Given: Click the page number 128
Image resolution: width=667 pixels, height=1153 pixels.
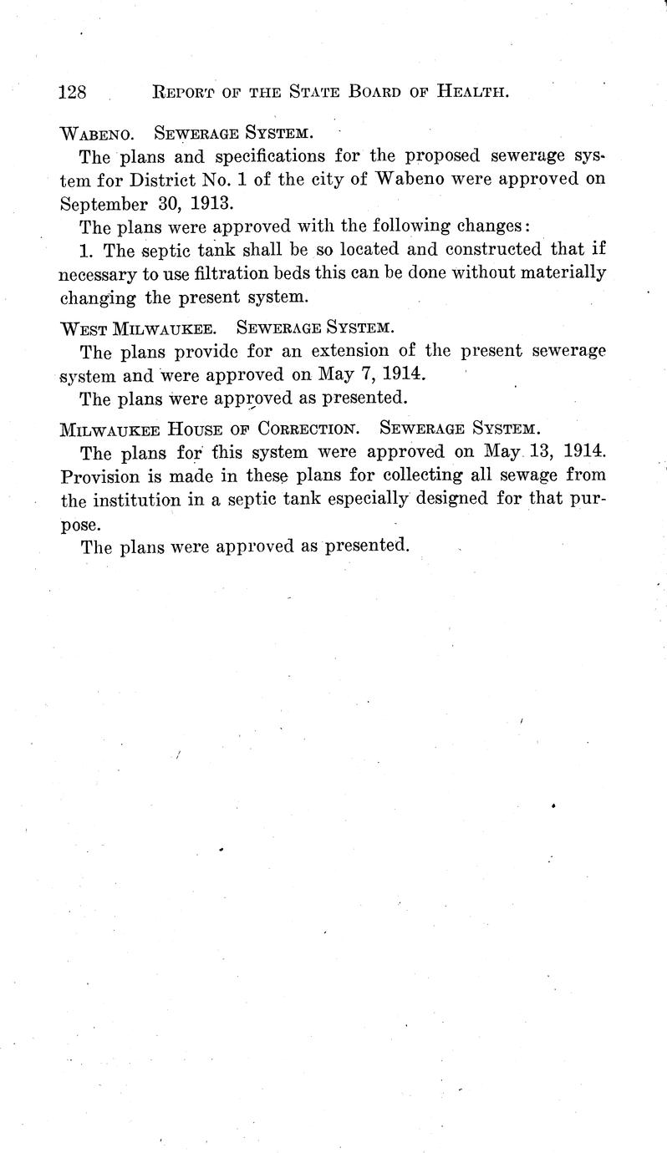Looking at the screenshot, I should [73, 91].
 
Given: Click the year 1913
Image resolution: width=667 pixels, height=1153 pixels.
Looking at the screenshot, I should [205, 203].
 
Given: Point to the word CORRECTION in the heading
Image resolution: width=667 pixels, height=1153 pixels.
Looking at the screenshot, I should [308, 429].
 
